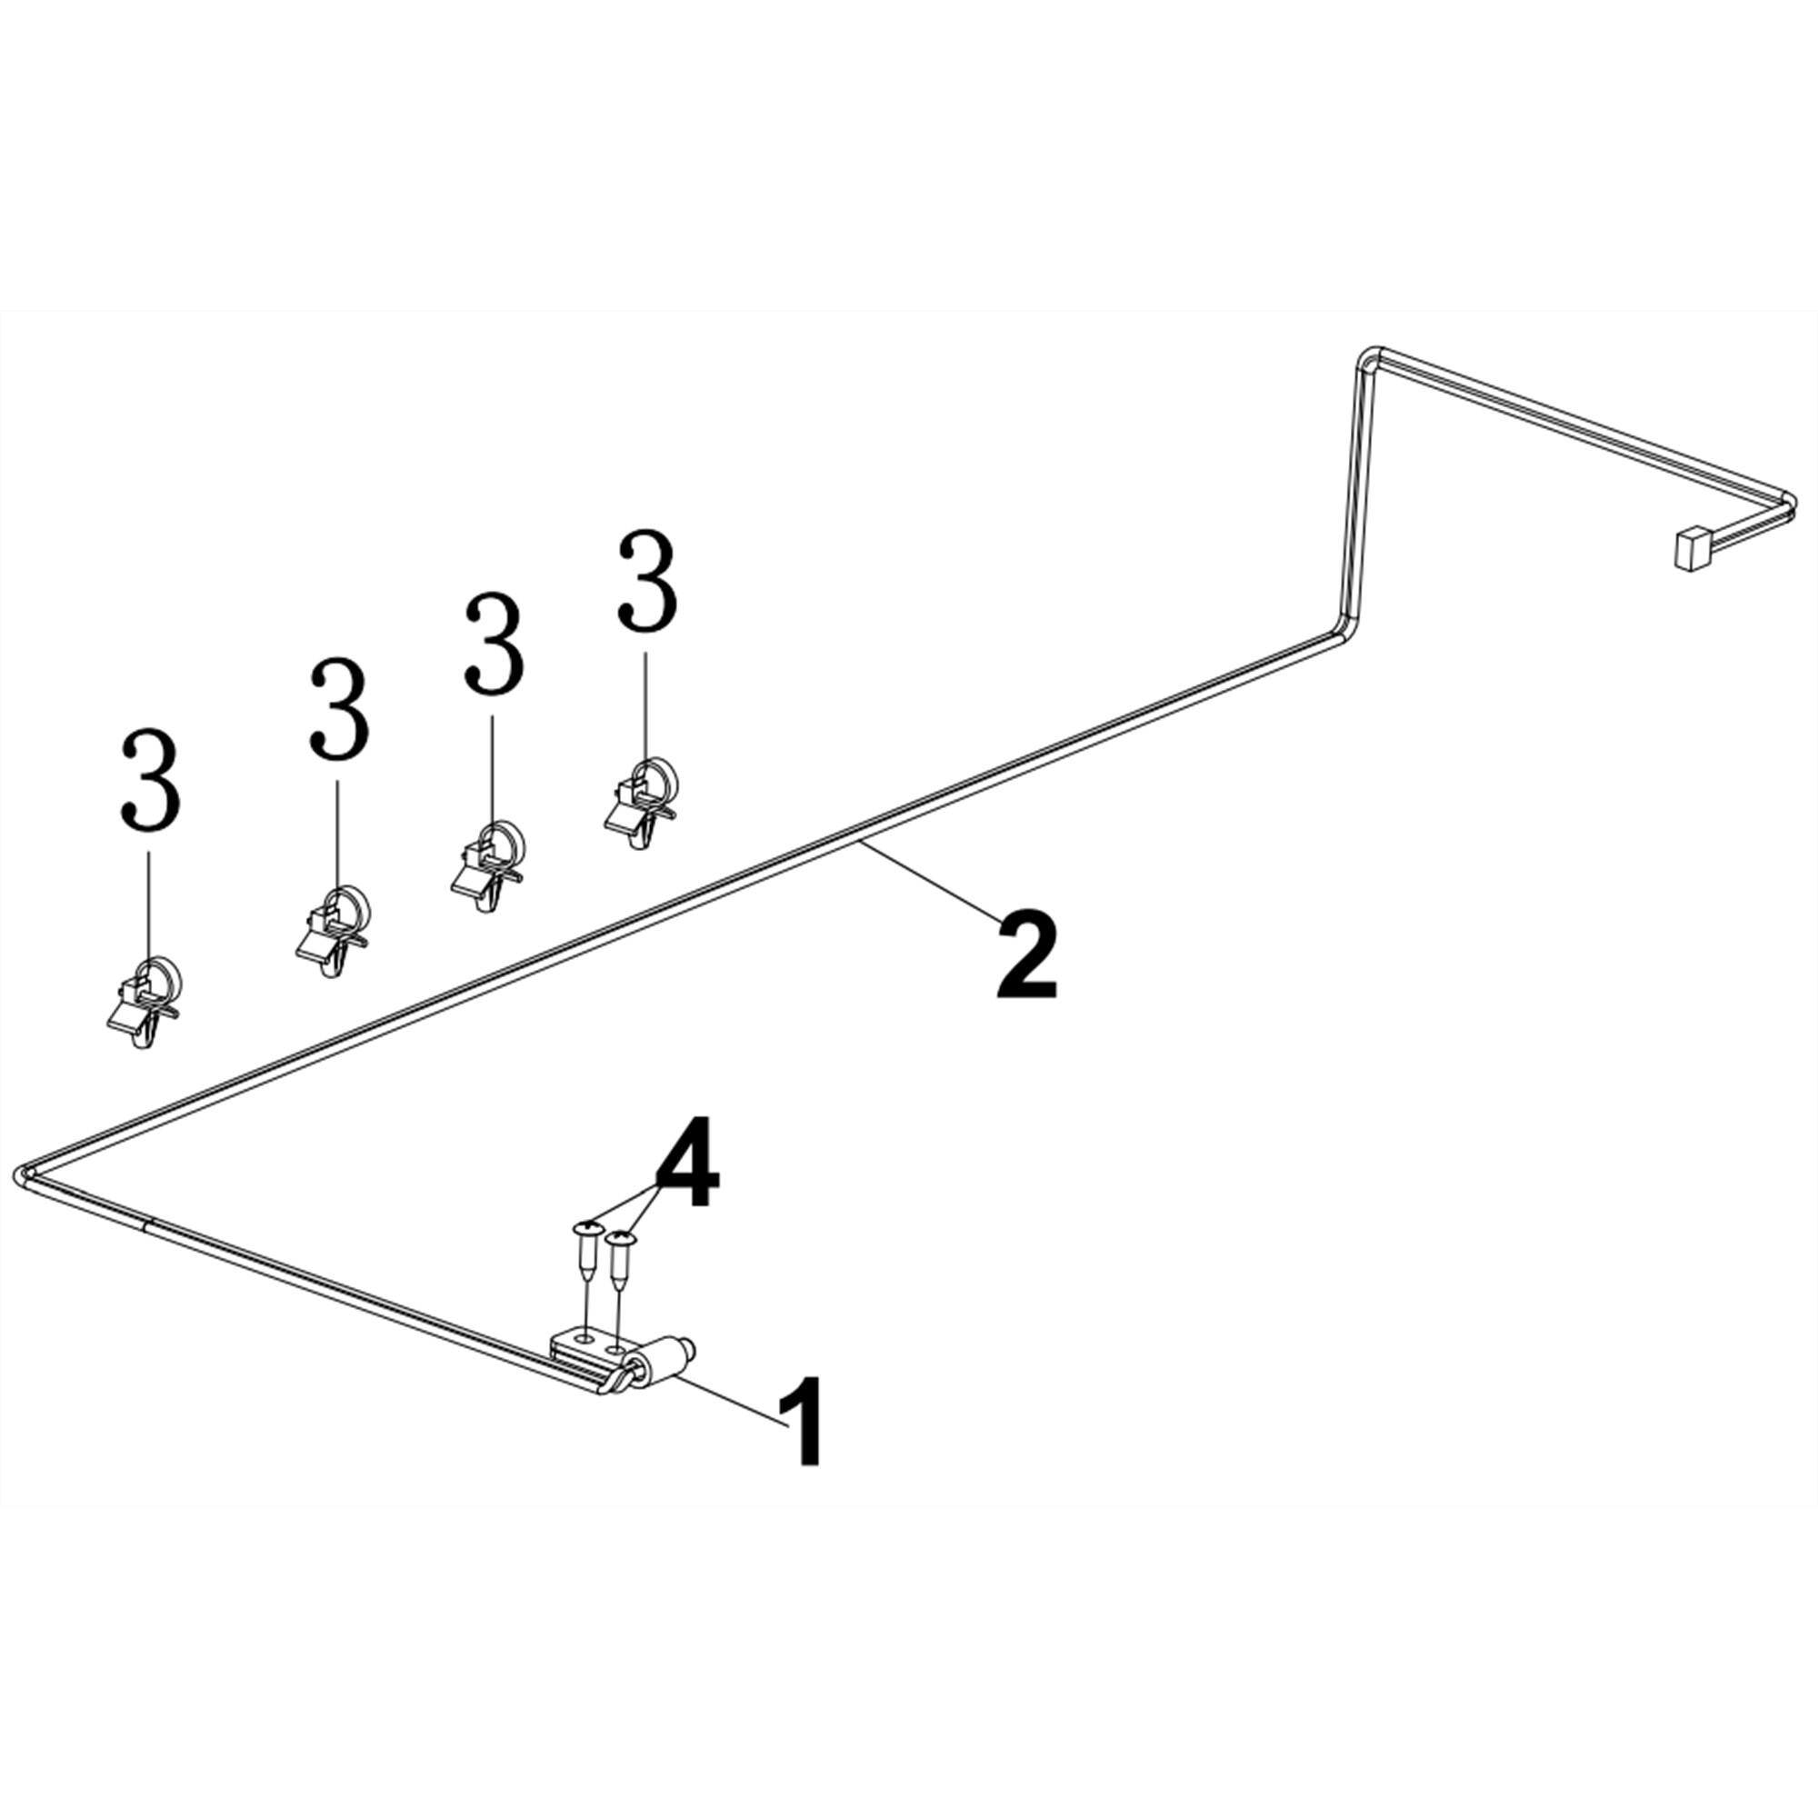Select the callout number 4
[687, 1163]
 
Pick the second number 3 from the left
[339, 709]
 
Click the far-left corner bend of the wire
[24, 1174]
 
